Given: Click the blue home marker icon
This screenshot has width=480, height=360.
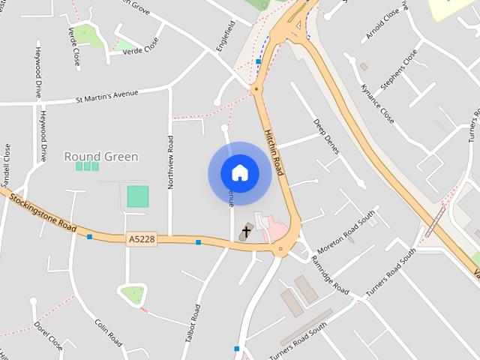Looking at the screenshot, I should click(x=239, y=173).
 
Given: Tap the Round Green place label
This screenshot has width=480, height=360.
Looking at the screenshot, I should click(x=101, y=157).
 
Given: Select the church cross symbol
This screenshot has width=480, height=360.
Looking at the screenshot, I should click(x=247, y=232).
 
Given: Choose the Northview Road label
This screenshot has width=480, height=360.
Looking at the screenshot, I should click(x=171, y=160).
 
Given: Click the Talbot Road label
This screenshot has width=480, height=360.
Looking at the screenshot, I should click(x=191, y=323).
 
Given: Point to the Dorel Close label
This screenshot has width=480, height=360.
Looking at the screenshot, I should click(x=49, y=337).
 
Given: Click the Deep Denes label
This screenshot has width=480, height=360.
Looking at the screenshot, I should click(x=327, y=136).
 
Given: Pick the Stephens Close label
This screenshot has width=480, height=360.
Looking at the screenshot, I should click(x=398, y=70).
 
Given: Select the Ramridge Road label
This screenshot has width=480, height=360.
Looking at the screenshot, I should click(x=331, y=277).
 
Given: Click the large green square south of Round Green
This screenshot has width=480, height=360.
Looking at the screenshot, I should click(x=138, y=196).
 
